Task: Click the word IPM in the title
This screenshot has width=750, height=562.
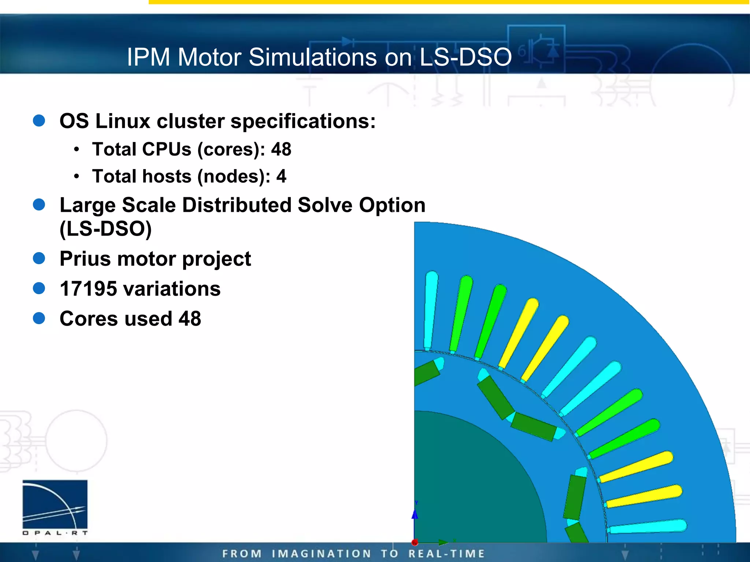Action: [148, 57]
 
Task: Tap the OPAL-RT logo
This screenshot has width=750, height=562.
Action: [55, 507]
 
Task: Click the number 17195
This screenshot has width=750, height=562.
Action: [88, 289]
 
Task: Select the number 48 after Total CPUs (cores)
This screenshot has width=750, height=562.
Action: [281, 149]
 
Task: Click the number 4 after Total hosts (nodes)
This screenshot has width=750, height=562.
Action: [281, 176]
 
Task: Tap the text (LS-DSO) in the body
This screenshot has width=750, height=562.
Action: [105, 229]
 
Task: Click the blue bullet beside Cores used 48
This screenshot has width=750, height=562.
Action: [39, 318]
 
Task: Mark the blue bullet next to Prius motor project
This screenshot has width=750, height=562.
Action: [39, 258]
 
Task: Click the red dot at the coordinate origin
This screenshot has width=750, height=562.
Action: [415, 542]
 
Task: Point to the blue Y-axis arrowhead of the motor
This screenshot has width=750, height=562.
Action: [415, 514]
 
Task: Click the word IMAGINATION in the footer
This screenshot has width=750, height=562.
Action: [321, 554]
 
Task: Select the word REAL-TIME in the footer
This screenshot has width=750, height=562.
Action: [446, 554]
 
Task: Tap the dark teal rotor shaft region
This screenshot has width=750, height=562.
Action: [472, 483]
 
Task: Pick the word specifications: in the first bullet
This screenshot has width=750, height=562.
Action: [303, 121]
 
